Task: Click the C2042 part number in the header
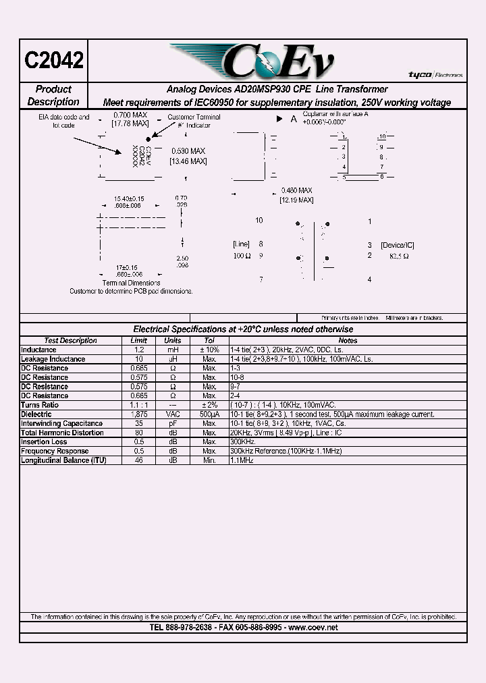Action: click(x=54, y=60)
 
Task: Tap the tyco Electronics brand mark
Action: click(x=435, y=75)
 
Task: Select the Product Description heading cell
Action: click(x=53, y=95)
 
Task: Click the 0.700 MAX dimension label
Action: click(x=130, y=119)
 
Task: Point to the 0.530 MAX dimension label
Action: click(x=188, y=156)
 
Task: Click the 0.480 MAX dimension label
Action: click(x=296, y=195)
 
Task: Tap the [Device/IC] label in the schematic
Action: click(x=397, y=244)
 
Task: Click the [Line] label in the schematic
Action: click(x=241, y=244)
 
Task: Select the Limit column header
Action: click(x=138, y=341)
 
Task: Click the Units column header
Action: click(x=173, y=341)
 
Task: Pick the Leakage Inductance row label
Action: click(x=53, y=359)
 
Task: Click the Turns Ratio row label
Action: click(x=40, y=405)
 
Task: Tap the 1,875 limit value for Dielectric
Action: click(x=138, y=414)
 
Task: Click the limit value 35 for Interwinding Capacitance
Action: click(x=138, y=423)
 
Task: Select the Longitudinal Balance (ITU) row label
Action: click(x=63, y=460)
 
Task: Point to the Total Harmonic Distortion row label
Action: click(x=62, y=433)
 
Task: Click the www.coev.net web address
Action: click(x=313, y=628)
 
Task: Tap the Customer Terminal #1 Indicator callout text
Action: click(x=194, y=121)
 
